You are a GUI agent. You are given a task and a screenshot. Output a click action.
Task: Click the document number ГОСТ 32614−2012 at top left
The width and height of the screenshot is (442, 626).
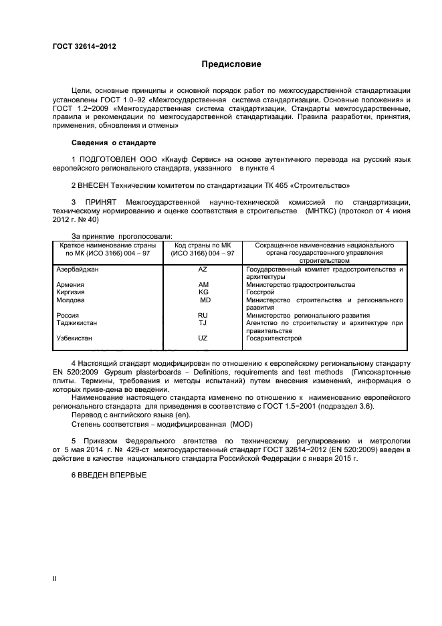click(x=84, y=46)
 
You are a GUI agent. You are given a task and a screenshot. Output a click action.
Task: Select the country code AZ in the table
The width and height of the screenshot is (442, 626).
click(x=203, y=270)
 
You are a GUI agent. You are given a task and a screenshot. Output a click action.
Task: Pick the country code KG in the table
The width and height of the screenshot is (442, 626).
click(x=203, y=292)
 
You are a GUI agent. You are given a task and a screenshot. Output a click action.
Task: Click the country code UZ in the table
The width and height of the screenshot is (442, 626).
click(x=203, y=338)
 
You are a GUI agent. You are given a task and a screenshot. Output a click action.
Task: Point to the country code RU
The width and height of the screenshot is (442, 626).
click(x=203, y=315)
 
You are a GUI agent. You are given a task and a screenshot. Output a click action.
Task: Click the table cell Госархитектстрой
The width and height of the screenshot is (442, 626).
click(x=273, y=338)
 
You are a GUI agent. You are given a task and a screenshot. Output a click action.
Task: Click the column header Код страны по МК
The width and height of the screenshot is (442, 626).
click(x=202, y=245)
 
